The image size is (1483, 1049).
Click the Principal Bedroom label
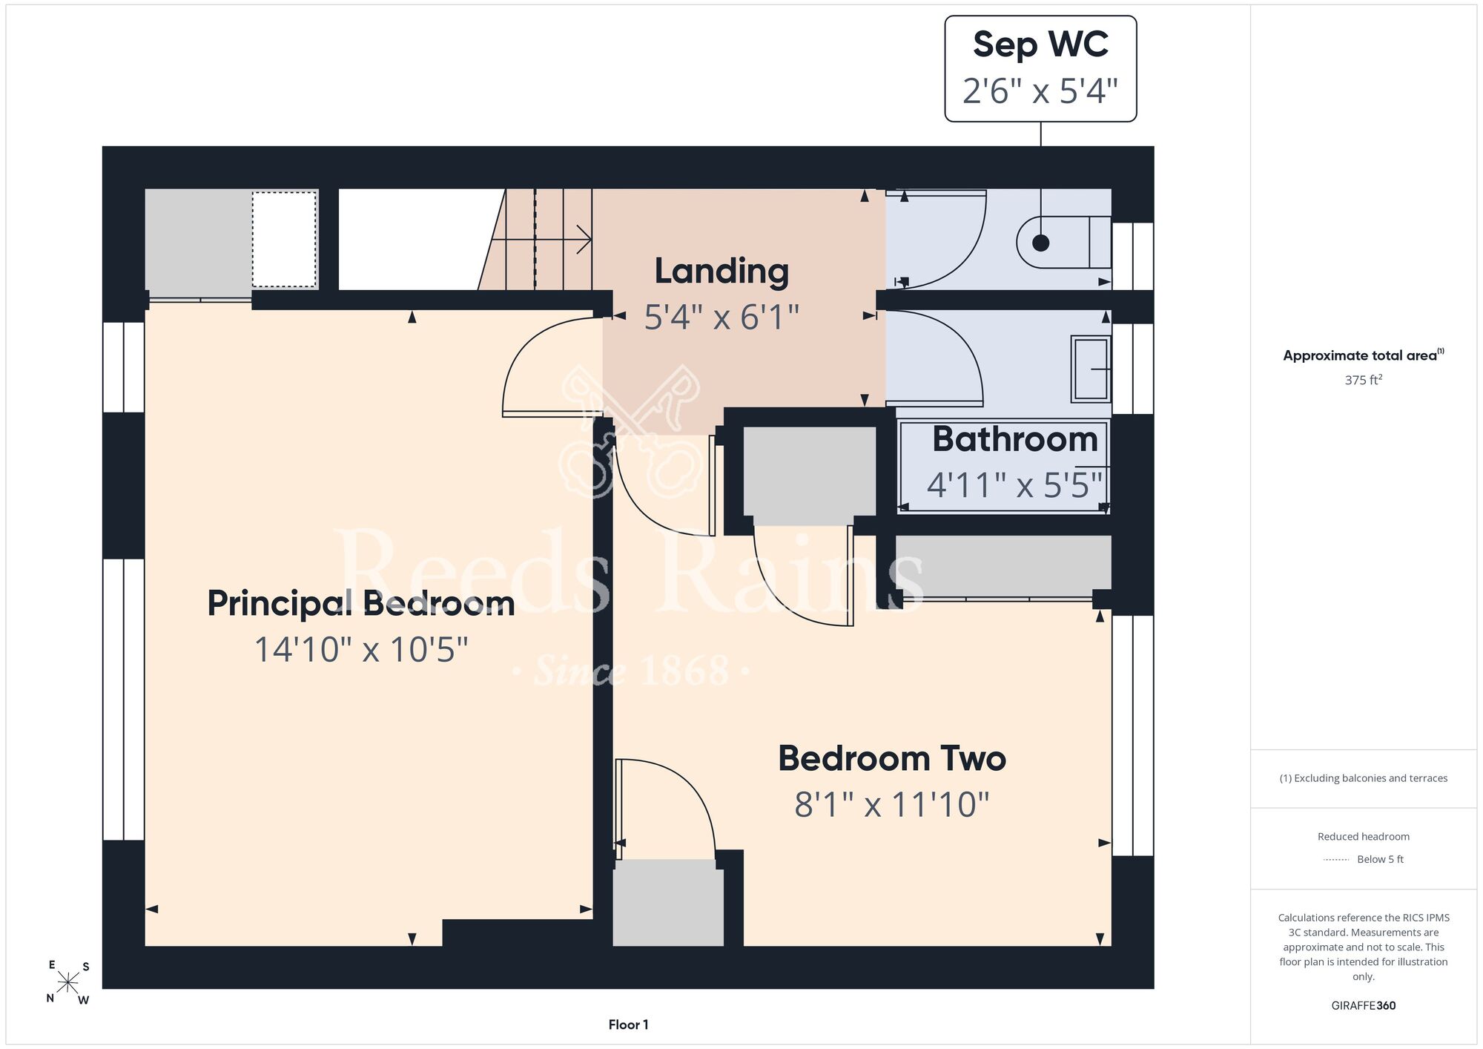(361, 603)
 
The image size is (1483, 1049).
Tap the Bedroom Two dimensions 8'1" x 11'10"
(892, 804)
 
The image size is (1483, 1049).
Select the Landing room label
(721, 272)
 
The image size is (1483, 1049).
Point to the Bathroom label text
(1015, 438)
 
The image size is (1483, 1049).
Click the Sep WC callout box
(1040, 68)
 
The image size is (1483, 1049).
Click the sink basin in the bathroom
(1091, 369)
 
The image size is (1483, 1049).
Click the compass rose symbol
(67, 982)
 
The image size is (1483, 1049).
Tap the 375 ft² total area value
(1363, 380)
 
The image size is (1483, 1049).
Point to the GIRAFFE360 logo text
(1363, 1005)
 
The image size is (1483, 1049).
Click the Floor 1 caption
(628, 1025)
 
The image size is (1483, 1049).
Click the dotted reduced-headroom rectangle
(284, 239)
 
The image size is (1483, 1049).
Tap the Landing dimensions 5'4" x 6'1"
(721, 318)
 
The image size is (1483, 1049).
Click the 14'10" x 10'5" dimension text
(361, 650)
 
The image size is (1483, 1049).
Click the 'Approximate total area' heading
(1363, 355)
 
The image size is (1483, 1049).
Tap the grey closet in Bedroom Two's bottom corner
(668, 902)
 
